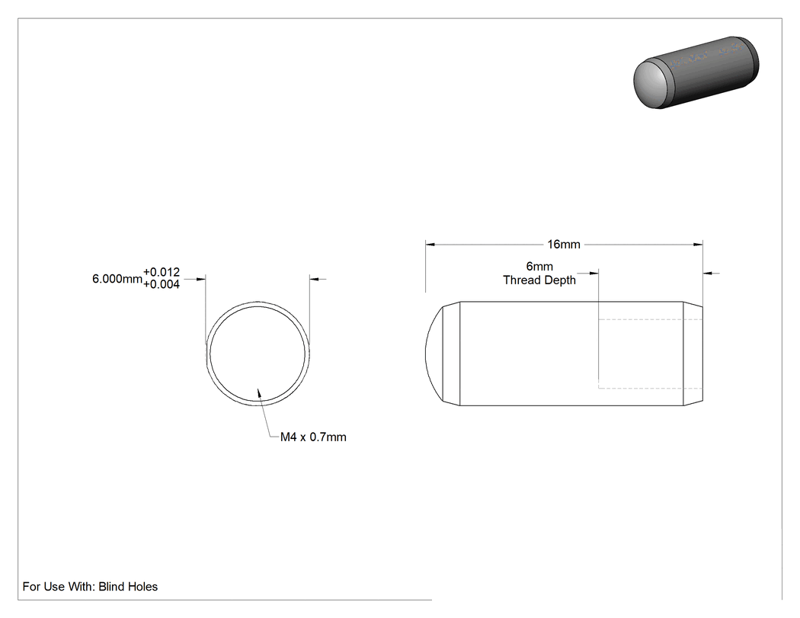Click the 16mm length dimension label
[564, 245]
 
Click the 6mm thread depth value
[539, 267]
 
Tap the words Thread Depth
[539, 280]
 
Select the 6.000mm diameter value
[117, 279]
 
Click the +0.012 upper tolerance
[162, 272]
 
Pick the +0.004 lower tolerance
[162, 284]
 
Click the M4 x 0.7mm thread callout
[313, 437]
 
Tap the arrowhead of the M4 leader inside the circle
[259, 393]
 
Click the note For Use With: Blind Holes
[91, 586]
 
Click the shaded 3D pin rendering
[696, 72]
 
